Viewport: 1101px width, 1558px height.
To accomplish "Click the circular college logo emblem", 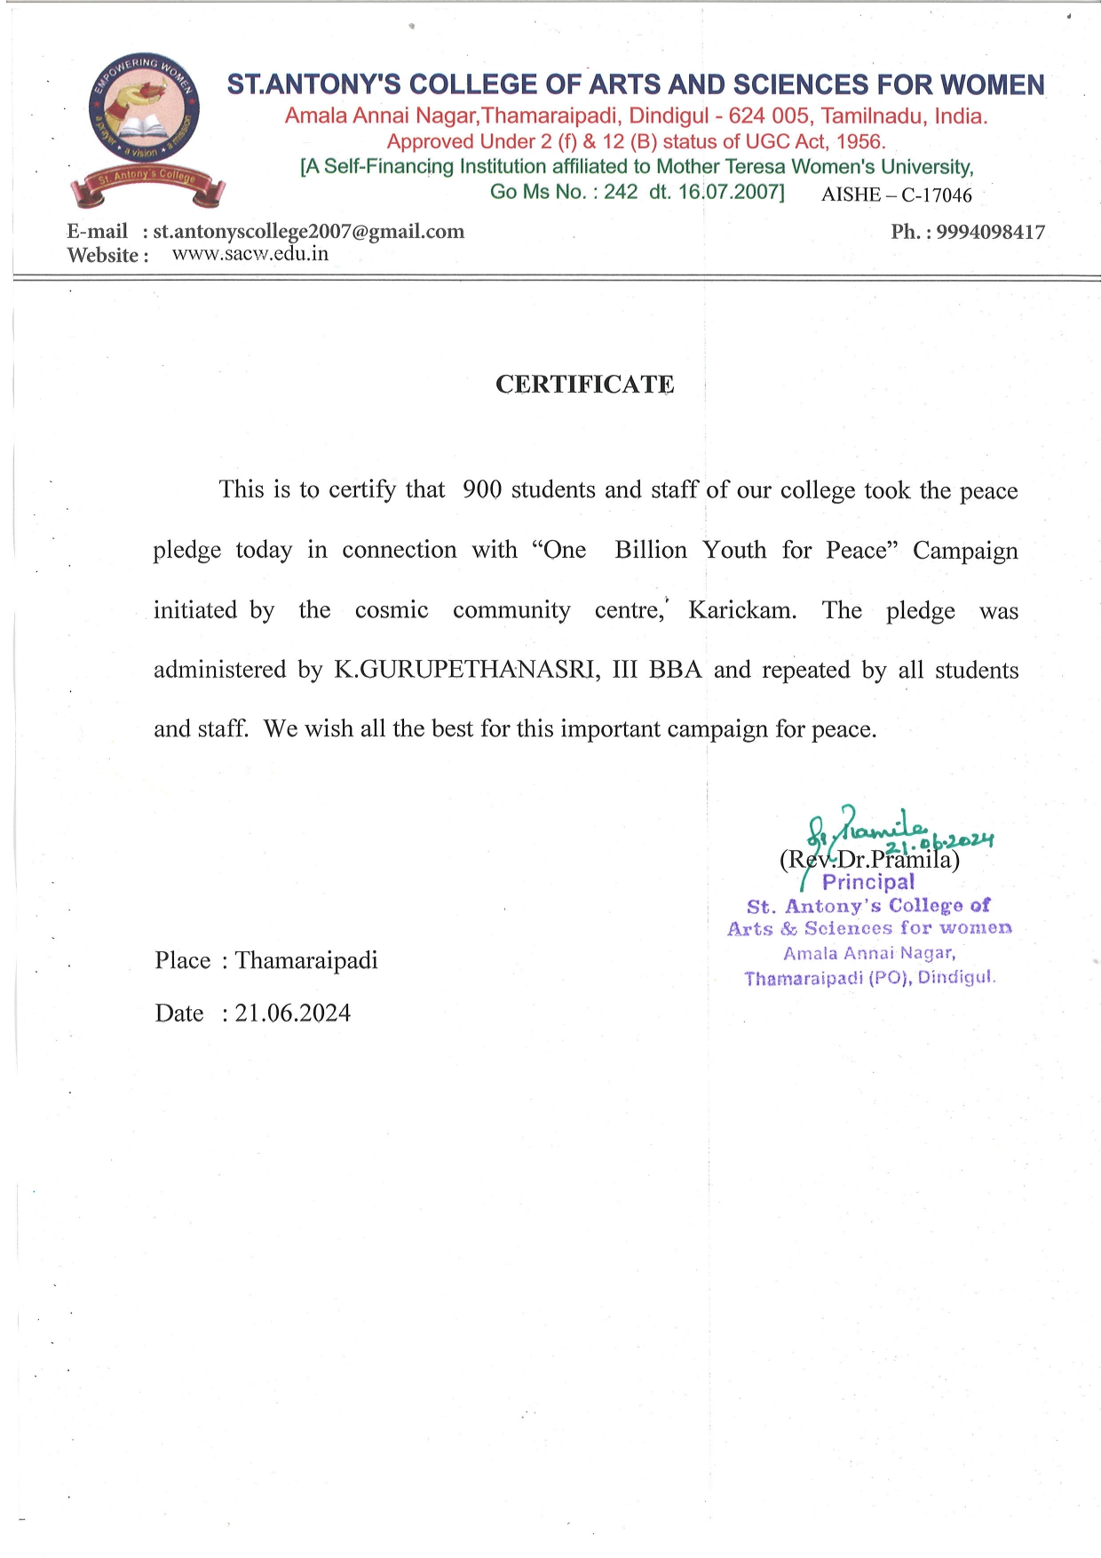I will [144, 110].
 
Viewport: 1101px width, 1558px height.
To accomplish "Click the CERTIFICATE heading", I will [584, 385].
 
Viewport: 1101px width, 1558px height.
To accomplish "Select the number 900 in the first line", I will [481, 490].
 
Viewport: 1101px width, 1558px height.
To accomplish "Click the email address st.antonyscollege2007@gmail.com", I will [308, 232].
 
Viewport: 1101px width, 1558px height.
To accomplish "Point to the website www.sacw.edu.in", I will [250, 254].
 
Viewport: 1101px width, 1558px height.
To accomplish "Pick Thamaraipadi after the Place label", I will [306, 960].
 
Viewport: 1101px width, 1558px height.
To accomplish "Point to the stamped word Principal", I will [867, 882].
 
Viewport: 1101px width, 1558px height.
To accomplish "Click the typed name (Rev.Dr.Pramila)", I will [869, 860].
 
